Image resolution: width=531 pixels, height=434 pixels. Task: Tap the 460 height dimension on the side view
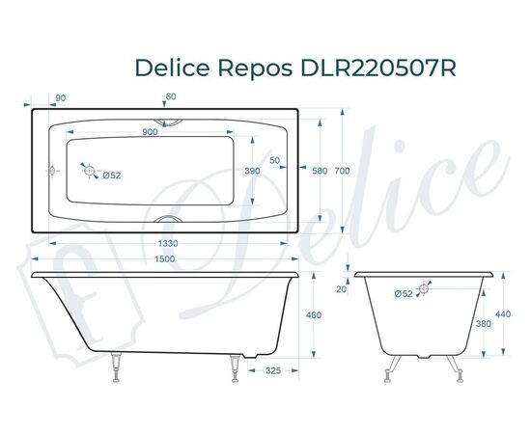(x=313, y=315)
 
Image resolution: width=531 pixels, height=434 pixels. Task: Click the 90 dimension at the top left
(x=61, y=97)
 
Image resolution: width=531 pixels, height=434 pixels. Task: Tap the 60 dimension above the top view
(x=171, y=97)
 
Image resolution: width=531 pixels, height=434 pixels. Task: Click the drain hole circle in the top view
(x=90, y=171)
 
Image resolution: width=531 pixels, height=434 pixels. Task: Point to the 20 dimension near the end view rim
(x=341, y=288)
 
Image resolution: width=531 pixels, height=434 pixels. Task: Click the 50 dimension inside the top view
(x=275, y=160)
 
